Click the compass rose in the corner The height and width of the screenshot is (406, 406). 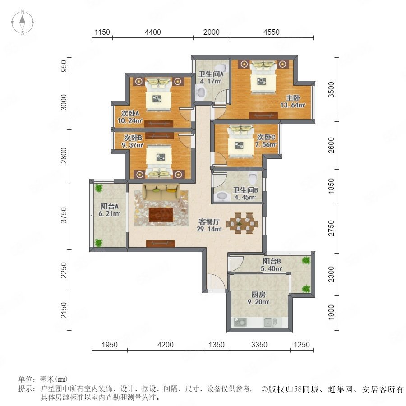tap(23, 23)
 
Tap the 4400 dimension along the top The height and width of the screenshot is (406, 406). tap(153, 32)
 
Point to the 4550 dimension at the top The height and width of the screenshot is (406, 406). tap(272, 32)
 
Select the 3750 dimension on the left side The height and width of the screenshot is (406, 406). tap(64, 215)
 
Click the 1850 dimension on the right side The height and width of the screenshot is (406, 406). tap(331, 186)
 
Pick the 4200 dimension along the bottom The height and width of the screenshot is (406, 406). tap(166, 345)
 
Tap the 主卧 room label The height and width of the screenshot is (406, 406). tap(293, 98)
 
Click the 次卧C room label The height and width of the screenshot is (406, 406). tap(266, 137)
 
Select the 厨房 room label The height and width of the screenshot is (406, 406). tap(258, 295)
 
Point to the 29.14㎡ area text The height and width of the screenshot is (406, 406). tap(209, 229)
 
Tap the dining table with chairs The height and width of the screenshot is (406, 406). tap(242, 223)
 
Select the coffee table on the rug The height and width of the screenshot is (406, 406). tap(161, 215)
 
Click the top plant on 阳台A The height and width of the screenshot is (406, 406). tap(99, 188)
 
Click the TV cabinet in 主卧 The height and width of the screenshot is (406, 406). tap(263, 115)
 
